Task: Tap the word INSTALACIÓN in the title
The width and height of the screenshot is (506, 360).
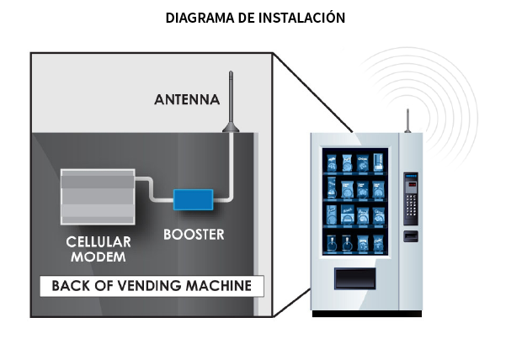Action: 302,17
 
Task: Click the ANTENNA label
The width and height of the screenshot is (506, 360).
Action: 187,99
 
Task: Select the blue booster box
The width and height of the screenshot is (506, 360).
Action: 193,199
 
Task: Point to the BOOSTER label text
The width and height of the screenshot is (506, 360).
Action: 194,235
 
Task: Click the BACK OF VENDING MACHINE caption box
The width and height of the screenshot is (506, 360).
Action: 152,286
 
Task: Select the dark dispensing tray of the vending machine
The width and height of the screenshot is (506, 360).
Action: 356,278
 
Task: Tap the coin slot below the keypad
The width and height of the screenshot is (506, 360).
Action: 410,235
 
